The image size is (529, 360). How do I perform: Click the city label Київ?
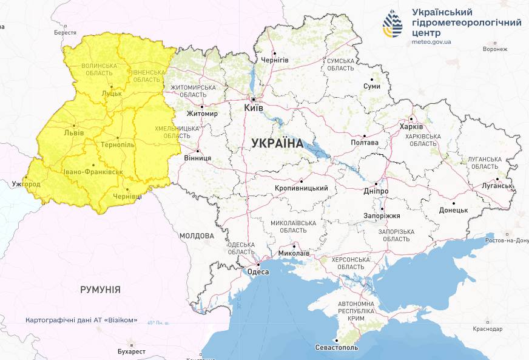[254, 107]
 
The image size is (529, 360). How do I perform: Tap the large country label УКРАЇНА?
[277, 143]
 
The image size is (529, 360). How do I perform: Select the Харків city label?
[411, 127]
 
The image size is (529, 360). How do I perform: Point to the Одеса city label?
[258, 272]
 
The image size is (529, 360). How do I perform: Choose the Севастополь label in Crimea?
[337, 348]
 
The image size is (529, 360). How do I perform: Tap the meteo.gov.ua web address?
[431, 42]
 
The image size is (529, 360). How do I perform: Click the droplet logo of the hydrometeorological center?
[393, 25]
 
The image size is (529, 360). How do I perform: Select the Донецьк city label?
[453, 210]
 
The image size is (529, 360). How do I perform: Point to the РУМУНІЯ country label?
[100, 290]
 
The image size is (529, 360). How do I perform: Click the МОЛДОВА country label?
[197, 236]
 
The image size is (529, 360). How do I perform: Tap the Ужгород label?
[25, 184]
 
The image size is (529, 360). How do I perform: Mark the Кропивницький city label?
[302, 188]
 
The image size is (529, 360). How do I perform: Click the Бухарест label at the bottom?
[132, 352]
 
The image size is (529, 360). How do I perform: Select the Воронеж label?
[495, 49]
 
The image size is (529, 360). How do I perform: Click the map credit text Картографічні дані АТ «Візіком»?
[81, 320]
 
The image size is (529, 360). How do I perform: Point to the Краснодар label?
[488, 329]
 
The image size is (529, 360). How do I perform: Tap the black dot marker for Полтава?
[364, 136]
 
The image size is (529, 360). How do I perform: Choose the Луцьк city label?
[112, 93]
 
